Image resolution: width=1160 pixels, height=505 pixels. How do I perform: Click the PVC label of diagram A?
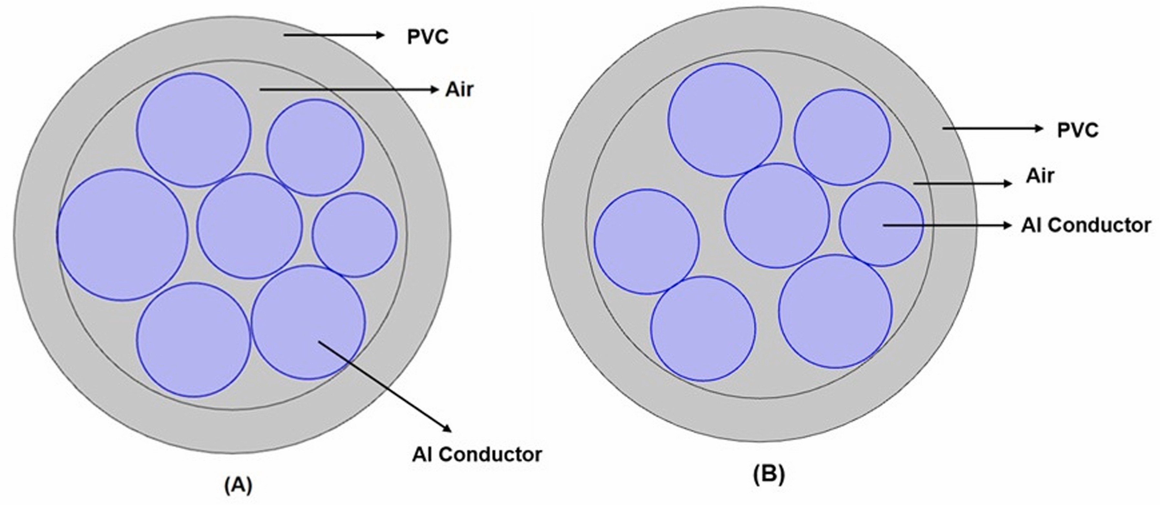pyautogui.click(x=428, y=37)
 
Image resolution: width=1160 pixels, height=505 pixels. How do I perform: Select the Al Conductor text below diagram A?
pyautogui.click(x=477, y=455)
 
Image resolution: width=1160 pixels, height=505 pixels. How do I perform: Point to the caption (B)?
pyautogui.click(x=769, y=474)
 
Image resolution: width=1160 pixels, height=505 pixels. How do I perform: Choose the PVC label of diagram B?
pyautogui.click(x=1078, y=131)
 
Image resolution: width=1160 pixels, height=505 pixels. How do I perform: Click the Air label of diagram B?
pyautogui.click(x=1040, y=176)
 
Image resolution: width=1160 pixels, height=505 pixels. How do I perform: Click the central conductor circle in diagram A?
pyautogui.click(x=250, y=226)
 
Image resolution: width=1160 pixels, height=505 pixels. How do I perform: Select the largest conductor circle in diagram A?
pyautogui.click(x=122, y=235)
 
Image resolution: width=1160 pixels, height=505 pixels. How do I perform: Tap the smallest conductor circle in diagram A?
pyautogui.click(x=355, y=235)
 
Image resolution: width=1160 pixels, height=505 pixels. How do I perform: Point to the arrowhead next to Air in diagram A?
pyautogui.click(x=434, y=90)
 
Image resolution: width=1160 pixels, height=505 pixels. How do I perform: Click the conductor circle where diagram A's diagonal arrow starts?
pyautogui.click(x=308, y=322)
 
